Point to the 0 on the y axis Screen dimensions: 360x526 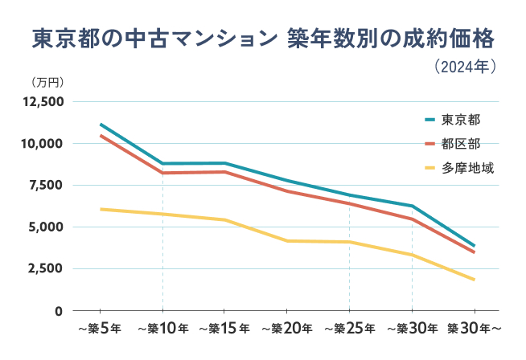[x=60, y=311]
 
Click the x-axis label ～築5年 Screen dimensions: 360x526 [x=99, y=329]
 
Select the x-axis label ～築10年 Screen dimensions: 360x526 [x=162, y=329]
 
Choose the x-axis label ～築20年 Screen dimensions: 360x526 [x=287, y=329]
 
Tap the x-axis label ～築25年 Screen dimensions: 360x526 [x=350, y=329]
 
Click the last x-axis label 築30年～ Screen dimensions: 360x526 [x=475, y=329]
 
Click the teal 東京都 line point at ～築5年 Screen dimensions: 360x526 [x=100, y=125]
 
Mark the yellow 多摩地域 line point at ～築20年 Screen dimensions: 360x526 [x=287, y=240]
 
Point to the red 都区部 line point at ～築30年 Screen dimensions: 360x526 [x=412, y=219]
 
